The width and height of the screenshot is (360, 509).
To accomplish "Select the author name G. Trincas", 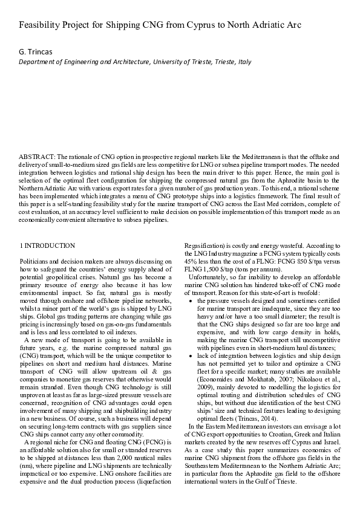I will [x=36, y=52].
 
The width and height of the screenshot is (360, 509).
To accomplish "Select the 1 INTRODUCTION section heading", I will [x=48, y=245].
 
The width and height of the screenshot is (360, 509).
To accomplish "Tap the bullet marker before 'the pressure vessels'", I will [x=192, y=299].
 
